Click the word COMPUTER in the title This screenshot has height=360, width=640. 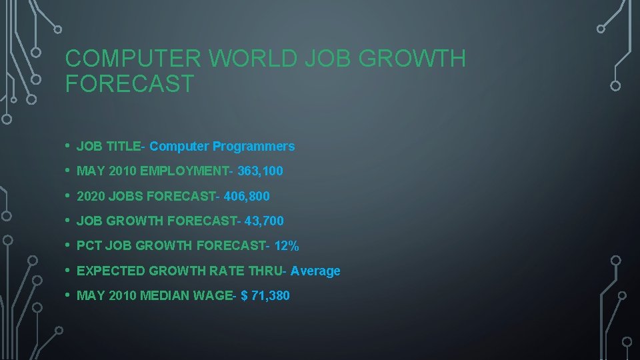(x=133, y=59)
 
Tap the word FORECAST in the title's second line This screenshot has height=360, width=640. (x=129, y=84)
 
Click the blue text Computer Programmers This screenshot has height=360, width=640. (x=222, y=146)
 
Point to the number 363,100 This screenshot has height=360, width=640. (x=260, y=171)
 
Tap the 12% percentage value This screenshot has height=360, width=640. (x=287, y=245)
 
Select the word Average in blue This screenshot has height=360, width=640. (x=315, y=271)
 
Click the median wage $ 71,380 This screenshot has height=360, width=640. (x=265, y=295)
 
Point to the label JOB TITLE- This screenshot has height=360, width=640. (x=111, y=146)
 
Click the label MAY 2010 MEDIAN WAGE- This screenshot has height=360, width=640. (x=157, y=295)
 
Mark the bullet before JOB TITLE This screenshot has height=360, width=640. (x=69, y=146)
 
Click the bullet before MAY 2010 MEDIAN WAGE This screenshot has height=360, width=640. (x=69, y=295)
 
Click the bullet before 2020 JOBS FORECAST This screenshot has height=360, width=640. (x=69, y=196)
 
